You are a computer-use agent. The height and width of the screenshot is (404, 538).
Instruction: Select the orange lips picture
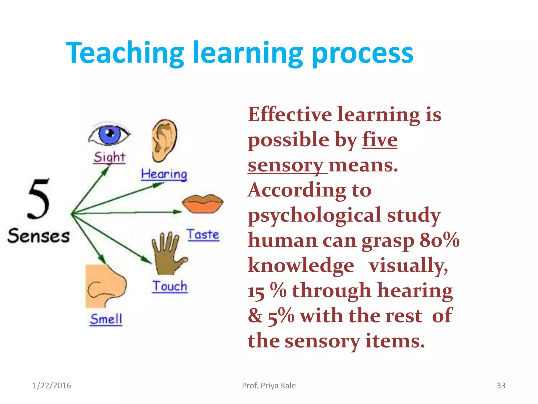[x=203, y=204]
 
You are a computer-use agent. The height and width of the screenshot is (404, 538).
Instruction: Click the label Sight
[x=110, y=157]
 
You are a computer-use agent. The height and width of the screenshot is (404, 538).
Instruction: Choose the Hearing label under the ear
[x=164, y=174]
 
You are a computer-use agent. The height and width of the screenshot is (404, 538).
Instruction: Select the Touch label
[x=170, y=286]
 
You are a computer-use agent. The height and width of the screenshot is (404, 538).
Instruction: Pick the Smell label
[x=106, y=319]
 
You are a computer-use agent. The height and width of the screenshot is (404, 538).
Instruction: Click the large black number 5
[x=39, y=199]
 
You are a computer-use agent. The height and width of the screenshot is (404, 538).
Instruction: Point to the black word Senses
[x=38, y=236]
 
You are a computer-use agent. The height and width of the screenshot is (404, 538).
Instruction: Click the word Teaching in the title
[x=125, y=53]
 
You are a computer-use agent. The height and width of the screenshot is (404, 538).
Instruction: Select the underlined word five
[x=380, y=140]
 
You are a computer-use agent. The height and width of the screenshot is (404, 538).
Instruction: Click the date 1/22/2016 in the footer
[x=52, y=386]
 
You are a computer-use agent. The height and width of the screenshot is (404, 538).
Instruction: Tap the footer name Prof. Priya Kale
[x=269, y=386]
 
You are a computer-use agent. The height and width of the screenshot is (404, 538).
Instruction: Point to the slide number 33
[x=501, y=386]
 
